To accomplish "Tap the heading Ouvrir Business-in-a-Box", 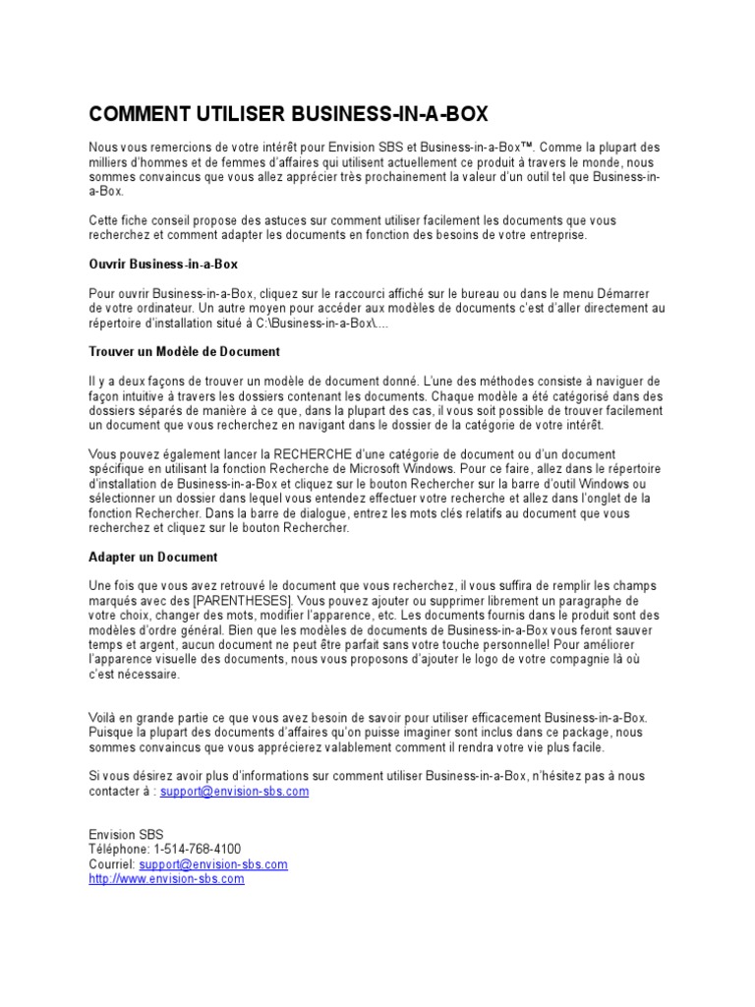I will coord(163,265).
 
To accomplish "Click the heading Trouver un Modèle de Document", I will coord(185,351).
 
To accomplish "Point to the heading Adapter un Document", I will coord(152,557).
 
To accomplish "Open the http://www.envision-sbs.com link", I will coord(166,879).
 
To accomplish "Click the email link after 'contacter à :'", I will coord(235,791).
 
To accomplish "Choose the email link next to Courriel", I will coord(213,864).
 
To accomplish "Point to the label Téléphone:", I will coord(119,850).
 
